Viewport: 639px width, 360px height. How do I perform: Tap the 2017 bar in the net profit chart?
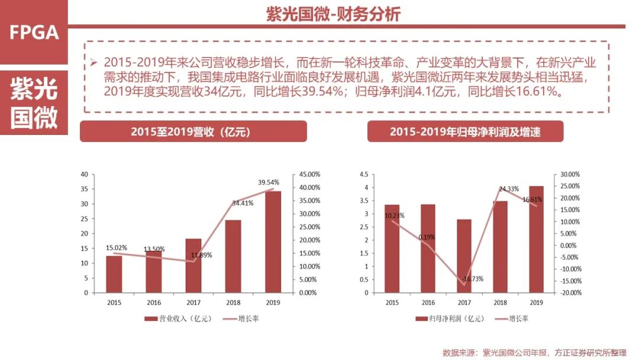tap(464, 256)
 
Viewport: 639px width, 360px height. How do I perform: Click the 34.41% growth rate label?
tap(243, 203)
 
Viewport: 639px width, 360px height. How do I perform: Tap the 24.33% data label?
tap(509, 189)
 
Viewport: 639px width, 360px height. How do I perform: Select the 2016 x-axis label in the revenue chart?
tap(154, 303)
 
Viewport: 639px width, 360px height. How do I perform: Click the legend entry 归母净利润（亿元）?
tap(450, 319)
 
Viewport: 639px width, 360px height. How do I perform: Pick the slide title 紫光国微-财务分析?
tap(333, 14)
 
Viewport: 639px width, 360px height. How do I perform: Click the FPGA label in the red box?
tap(34, 33)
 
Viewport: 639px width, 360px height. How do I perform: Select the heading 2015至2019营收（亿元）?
tap(193, 131)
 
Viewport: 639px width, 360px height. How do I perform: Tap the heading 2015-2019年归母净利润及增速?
tap(465, 131)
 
